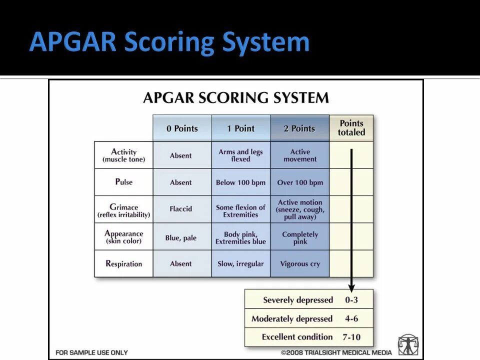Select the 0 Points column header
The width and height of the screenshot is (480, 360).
[x=182, y=128]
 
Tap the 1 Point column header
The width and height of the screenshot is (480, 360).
[x=240, y=128]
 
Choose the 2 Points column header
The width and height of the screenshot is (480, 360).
[x=299, y=128]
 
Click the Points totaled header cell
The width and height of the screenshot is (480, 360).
[x=351, y=128]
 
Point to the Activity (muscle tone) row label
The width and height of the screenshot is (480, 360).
[x=123, y=155]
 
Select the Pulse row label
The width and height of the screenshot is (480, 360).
[x=123, y=182]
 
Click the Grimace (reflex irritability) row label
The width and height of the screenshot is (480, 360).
[x=123, y=210]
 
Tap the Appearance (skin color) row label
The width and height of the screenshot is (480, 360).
[x=123, y=236]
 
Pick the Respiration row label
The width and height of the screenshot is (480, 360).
[x=123, y=263]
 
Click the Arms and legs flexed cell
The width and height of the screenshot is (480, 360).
[x=240, y=155]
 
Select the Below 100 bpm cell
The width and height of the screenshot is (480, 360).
[x=240, y=182]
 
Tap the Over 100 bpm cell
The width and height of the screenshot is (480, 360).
[x=300, y=182]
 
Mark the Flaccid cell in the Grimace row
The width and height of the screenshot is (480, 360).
[x=180, y=209]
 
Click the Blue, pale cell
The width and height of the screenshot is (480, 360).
[x=180, y=238]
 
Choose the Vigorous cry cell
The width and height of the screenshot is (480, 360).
[x=300, y=264]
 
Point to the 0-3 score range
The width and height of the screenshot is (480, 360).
[x=351, y=300]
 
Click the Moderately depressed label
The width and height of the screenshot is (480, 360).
[x=292, y=319]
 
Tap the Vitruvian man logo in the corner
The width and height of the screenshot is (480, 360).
[x=408, y=344]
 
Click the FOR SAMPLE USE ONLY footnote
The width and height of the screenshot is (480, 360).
[x=91, y=352]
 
